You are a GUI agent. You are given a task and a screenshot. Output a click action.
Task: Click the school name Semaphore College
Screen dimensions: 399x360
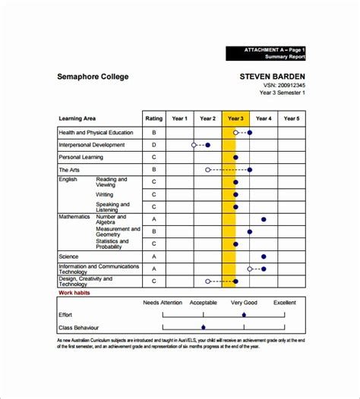click(x=93, y=76)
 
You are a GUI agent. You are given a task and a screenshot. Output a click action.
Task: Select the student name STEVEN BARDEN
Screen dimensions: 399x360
click(x=272, y=76)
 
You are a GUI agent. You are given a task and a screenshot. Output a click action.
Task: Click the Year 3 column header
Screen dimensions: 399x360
click(x=235, y=118)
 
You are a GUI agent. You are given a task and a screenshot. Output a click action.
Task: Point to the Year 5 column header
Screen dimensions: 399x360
click(x=292, y=118)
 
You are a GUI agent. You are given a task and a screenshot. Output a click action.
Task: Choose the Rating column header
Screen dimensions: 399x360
click(x=153, y=118)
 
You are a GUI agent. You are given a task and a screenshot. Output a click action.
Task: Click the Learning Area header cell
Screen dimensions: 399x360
click(x=77, y=118)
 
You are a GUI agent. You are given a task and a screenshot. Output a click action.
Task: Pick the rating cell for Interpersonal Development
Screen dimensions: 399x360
click(x=153, y=144)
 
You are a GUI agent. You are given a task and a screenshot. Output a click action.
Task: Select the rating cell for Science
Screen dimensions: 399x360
click(x=153, y=256)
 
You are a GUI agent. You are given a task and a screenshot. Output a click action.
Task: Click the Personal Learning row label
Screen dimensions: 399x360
click(x=81, y=157)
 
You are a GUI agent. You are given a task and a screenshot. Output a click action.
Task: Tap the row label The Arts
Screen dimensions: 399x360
click(x=69, y=169)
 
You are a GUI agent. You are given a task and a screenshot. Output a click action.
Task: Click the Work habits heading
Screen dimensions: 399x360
click(x=76, y=292)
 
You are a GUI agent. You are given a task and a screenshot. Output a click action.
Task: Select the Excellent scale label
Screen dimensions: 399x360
click(x=285, y=302)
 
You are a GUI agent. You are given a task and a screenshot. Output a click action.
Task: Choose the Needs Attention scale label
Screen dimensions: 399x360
click(x=163, y=302)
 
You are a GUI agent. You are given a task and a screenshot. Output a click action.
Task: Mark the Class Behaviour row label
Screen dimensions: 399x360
click(x=79, y=327)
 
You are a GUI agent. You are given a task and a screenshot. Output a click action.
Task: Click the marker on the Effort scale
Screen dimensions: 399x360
click(x=244, y=314)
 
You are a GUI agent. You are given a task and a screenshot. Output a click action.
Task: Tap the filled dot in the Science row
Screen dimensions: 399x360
click(x=264, y=256)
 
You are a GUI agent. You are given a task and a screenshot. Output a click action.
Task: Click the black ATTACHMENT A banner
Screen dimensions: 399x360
click(x=266, y=52)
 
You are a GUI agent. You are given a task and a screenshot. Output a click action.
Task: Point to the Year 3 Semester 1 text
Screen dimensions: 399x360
click(x=282, y=93)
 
